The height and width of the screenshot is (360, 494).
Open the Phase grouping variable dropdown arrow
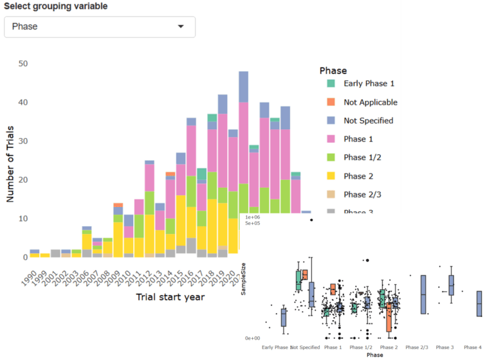pos(181,27)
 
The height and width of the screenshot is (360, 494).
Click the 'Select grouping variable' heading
pos(56,6)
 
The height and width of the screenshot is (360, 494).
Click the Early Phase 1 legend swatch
pos(331,84)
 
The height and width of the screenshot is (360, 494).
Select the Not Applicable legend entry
pos(370,102)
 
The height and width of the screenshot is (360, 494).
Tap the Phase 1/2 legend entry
pos(364,157)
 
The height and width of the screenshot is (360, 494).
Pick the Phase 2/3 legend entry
pos(364,194)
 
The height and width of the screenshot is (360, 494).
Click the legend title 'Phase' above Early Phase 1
pos(333,71)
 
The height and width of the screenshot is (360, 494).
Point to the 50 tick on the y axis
pos(23,64)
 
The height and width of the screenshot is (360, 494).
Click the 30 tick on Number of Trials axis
pos(23,141)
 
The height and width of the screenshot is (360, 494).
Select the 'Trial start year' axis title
pos(170,297)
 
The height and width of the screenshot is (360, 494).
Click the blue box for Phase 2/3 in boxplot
pos(423,294)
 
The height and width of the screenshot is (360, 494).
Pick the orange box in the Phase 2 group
pos(389,318)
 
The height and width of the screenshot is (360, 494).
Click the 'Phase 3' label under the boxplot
pos(444,347)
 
